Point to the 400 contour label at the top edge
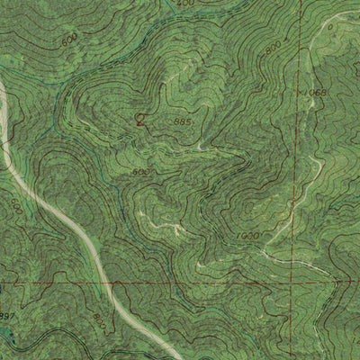185,4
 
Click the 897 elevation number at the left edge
7,316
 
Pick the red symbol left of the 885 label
139,117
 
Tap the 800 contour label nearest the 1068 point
273,51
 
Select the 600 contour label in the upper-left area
70,40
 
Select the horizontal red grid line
198,282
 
